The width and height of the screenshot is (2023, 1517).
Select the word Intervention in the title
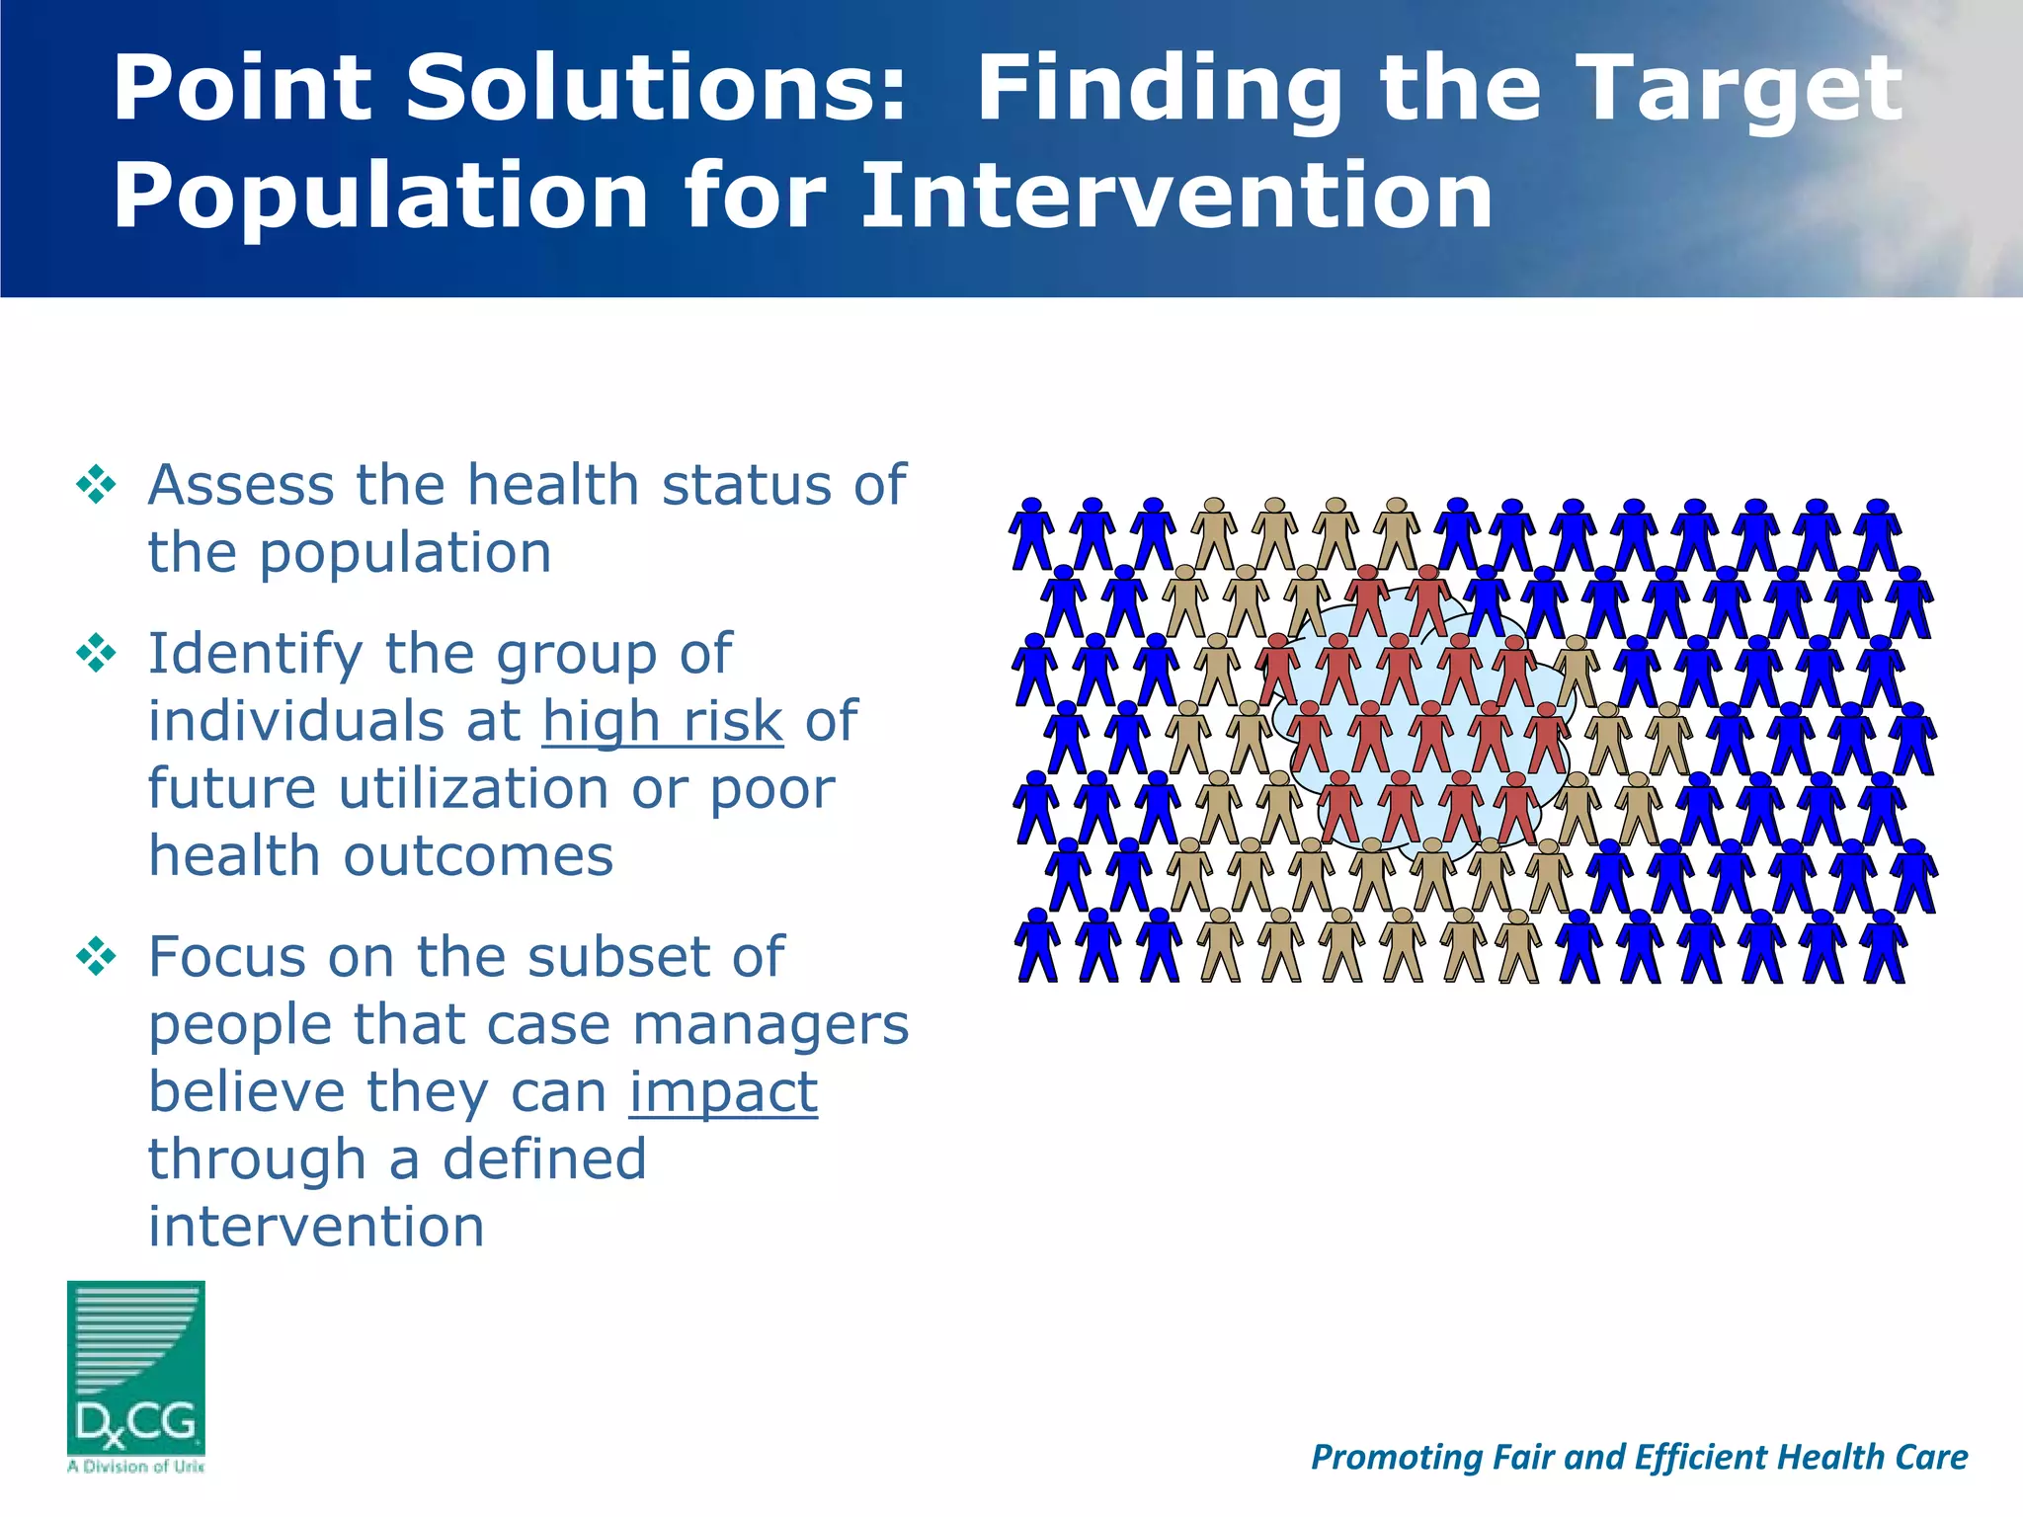1175,196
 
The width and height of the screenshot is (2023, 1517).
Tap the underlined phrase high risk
663,721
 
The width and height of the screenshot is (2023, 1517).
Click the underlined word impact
723,1092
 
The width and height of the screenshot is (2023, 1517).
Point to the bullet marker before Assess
96,485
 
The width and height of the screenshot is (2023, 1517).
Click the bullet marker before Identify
96,654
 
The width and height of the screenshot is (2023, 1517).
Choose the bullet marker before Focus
96,957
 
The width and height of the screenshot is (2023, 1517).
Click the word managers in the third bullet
769,1024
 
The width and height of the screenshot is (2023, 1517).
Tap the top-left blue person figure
1031,533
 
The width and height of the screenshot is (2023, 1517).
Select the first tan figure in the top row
1214,533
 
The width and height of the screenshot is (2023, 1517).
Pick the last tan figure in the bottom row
1518,946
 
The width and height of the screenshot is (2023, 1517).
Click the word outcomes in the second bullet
478,856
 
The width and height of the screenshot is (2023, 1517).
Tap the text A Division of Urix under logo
136,1467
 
